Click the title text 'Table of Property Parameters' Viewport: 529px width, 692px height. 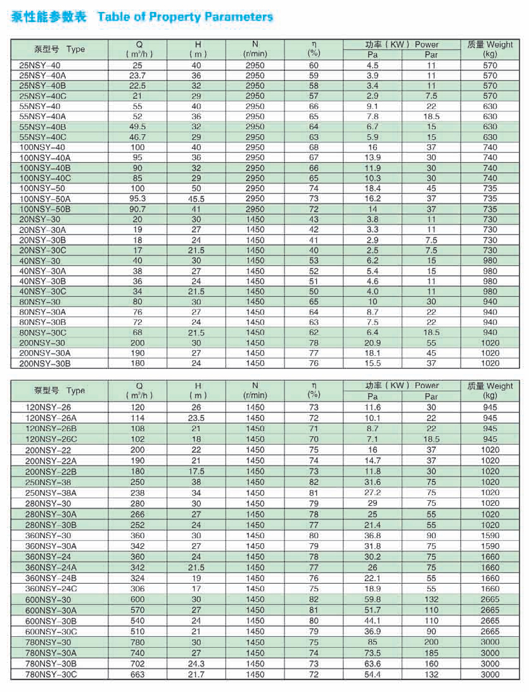pos(185,17)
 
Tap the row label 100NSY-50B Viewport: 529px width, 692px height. pos(45,209)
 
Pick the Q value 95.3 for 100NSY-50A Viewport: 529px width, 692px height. pos(137,199)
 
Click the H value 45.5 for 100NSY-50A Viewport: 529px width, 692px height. pos(196,199)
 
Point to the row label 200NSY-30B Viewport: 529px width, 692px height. pos(45,363)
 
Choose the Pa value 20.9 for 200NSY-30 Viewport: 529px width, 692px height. pos(373,343)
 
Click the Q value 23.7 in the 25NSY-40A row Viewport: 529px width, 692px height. pos(137,76)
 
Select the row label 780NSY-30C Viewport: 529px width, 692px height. pos(51,675)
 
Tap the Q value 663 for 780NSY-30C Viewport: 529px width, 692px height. pos(137,675)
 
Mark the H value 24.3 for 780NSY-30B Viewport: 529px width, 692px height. pos(196,664)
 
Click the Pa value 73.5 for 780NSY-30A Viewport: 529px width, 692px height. pos(373,653)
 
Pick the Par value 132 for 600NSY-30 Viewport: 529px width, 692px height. pos(431,600)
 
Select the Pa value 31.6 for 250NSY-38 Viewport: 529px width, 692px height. pos(373,482)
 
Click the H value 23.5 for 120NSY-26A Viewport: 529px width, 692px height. pos(196,418)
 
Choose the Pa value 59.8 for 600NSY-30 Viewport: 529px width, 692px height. pos(373,600)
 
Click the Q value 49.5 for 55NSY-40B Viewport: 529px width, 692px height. pos(137,127)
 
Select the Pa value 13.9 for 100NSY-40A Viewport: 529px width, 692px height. pos(373,158)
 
